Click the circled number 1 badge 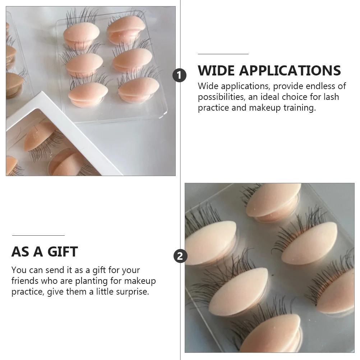click(x=180, y=76)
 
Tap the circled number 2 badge click(x=180, y=256)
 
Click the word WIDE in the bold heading click(x=216, y=70)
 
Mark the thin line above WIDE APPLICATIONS click(x=223, y=54)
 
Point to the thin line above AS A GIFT click(x=38, y=235)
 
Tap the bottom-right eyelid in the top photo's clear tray click(x=139, y=88)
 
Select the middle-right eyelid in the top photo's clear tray click(x=133, y=59)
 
